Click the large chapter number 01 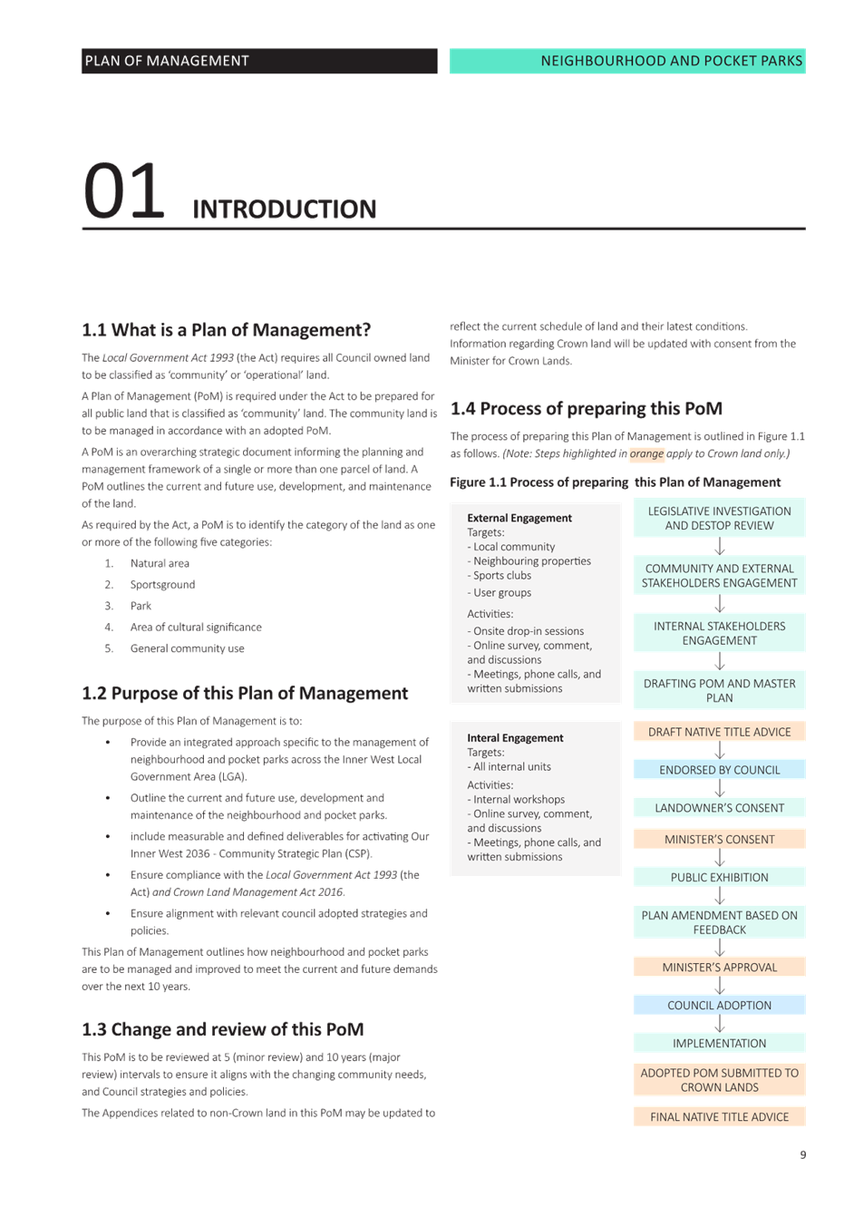point(123,191)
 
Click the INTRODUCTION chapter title point(284,209)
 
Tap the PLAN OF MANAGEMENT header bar point(258,61)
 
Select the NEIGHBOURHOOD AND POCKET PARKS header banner point(626,61)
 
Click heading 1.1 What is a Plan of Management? point(226,330)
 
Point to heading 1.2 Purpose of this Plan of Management point(245,694)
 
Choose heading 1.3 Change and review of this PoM point(222,1030)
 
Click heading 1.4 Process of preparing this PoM point(586,409)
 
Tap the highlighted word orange point(646,454)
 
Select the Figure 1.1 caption point(615,482)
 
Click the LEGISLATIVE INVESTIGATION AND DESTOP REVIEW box point(719,518)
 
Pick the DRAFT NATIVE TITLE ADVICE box point(719,732)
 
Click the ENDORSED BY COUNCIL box point(719,770)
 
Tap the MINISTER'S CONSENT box point(719,840)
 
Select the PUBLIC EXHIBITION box point(719,877)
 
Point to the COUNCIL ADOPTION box point(719,1005)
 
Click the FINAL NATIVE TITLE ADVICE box point(719,1117)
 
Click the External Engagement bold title point(519,519)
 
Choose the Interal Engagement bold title point(515,738)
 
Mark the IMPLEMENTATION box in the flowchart point(719,1043)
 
